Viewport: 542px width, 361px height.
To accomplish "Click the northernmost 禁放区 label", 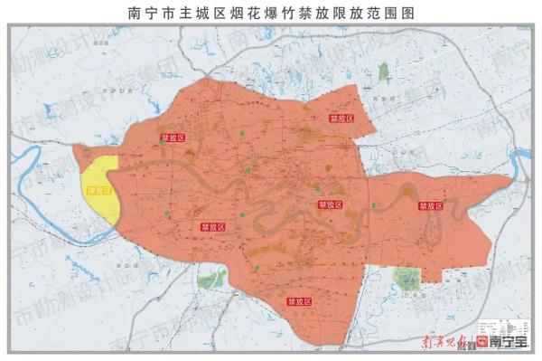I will coord(341,118).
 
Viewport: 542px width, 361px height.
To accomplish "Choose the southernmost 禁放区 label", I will coord(300,301).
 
